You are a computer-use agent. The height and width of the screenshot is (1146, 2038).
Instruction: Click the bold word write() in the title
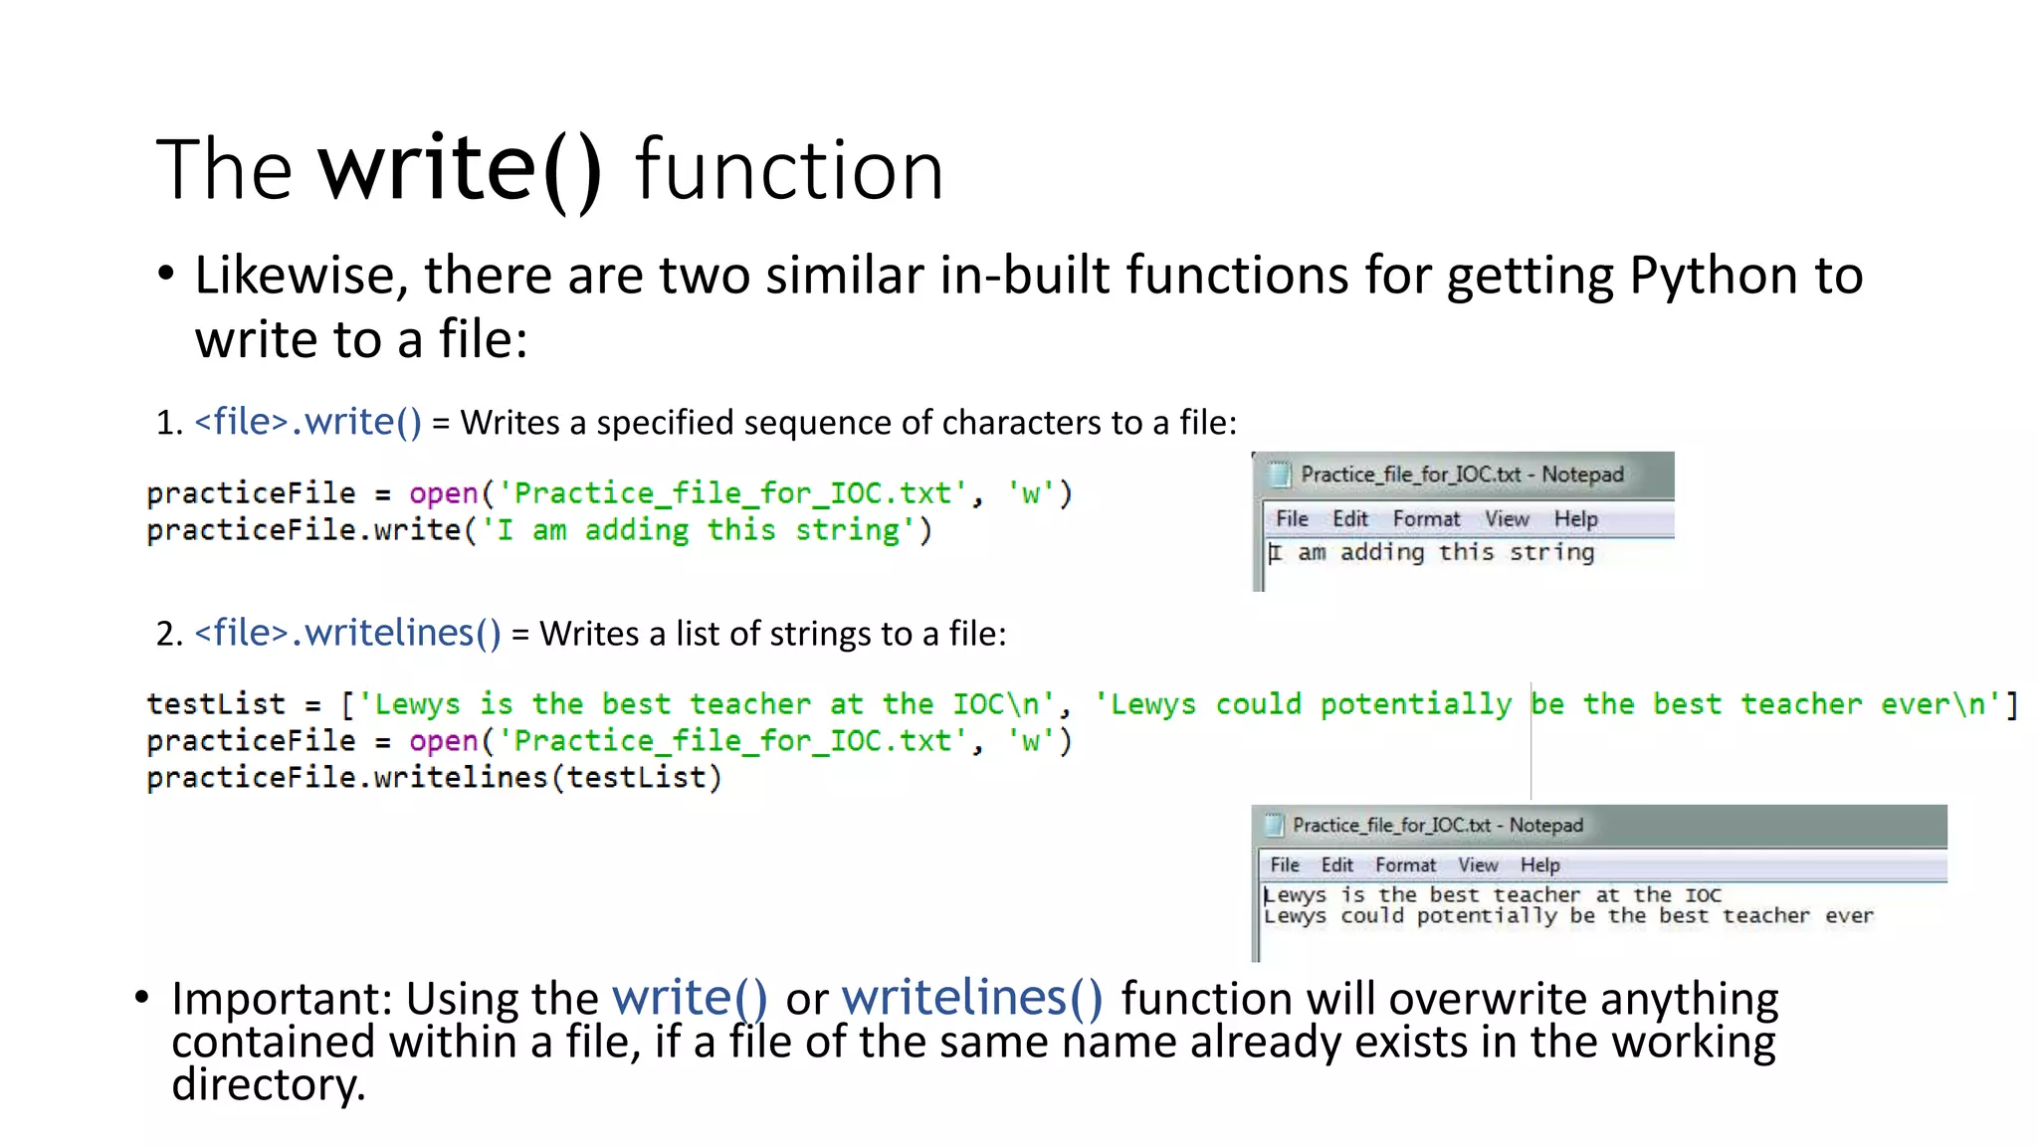click(x=460, y=169)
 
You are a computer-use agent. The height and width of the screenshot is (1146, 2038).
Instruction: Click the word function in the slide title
click(x=789, y=171)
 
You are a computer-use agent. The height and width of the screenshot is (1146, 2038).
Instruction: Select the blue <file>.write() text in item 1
click(x=307, y=422)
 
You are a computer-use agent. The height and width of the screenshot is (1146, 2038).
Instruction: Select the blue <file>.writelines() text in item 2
click(x=347, y=633)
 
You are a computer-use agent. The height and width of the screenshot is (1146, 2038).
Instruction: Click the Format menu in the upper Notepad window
click(x=1425, y=518)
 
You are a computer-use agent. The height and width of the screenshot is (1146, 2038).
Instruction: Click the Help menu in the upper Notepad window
click(x=1575, y=518)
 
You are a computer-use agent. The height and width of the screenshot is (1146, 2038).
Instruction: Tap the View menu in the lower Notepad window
click(x=1478, y=864)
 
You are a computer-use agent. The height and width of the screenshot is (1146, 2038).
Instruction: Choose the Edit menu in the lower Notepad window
click(x=1336, y=864)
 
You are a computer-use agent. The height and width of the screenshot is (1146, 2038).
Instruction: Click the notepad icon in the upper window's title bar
click(x=1279, y=475)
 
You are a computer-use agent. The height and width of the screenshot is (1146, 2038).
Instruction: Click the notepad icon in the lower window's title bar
click(x=1274, y=825)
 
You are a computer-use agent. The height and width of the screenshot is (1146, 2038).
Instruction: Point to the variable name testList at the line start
click(x=216, y=704)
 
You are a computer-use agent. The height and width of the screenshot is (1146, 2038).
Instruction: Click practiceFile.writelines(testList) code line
click(x=434, y=777)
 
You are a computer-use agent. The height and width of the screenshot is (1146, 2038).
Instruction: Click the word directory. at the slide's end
click(x=269, y=1084)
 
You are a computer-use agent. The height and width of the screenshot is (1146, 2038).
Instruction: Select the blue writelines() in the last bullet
click(x=972, y=998)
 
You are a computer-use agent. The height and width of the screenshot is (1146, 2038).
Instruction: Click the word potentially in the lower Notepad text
click(x=1486, y=915)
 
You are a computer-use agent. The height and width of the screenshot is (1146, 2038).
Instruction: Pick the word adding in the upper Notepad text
click(x=1382, y=552)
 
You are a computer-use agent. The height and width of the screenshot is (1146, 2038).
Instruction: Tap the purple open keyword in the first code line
click(x=444, y=493)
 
